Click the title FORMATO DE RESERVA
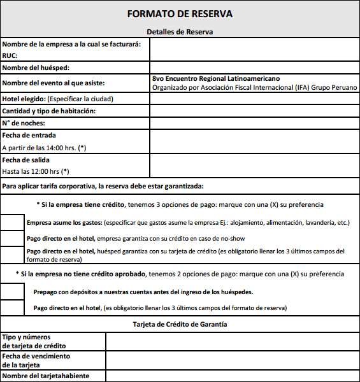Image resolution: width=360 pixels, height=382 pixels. tap(180, 13)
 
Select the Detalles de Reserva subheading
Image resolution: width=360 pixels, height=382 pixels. tap(180, 31)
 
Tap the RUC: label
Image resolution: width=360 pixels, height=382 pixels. tap(10, 55)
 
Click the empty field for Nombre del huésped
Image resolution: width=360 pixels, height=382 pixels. tap(254, 67)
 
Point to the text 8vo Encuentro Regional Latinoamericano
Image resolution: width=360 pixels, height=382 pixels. tap(216, 78)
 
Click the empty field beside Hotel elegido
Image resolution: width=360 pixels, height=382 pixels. tap(254, 99)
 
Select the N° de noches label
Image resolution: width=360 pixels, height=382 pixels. tap(24, 123)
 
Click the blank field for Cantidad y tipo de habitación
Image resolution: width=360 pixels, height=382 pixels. tap(254, 111)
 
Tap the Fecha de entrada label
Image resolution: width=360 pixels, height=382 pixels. tap(29, 136)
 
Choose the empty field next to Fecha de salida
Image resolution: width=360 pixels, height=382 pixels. tap(254, 166)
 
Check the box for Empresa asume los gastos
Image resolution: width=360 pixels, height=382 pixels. tap(13, 223)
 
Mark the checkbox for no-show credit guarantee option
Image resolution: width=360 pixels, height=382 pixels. tap(13, 238)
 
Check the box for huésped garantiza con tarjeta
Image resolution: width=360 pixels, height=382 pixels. tap(13, 255)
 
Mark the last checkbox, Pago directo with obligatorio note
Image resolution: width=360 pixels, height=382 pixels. tap(13, 308)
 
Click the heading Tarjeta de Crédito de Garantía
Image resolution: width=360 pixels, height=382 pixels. tap(180, 324)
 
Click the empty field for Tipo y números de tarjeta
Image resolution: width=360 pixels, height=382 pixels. tap(232, 341)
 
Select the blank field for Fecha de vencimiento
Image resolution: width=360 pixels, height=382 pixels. tap(232, 360)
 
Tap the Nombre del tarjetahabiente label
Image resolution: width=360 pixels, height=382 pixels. tap(45, 376)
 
